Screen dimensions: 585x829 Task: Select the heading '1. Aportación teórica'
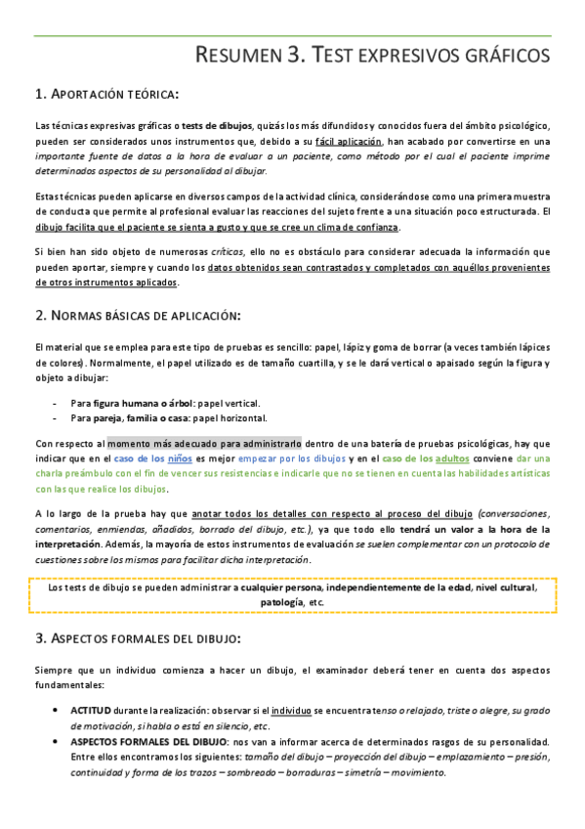click(x=106, y=94)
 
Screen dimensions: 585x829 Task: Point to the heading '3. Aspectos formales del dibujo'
click(x=137, y=637)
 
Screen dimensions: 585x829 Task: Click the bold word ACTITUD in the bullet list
click(x=90, y=709)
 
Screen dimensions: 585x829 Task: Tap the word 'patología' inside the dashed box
click(x=282, y=602)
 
